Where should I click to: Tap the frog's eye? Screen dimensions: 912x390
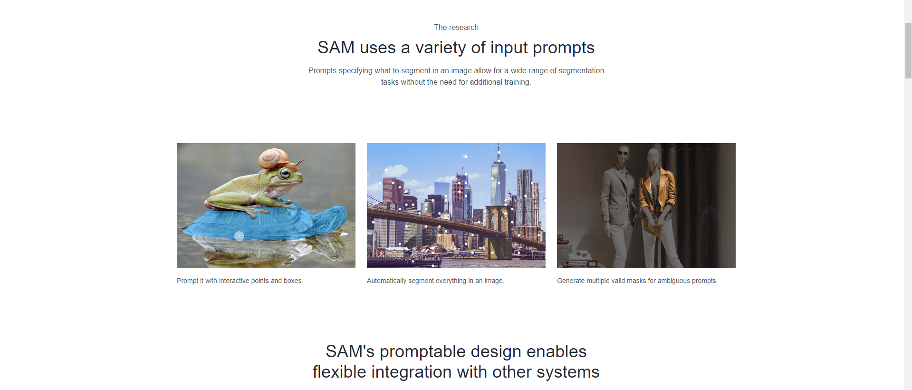click(x=285, y=174)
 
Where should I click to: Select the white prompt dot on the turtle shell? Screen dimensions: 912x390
click(x=239, y=235)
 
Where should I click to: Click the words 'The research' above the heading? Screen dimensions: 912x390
click(x=456, y=28)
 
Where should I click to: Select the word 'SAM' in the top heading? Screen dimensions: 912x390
click(x=336, y=48)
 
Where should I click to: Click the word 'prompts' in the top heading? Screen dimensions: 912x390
click(x=564, y=48)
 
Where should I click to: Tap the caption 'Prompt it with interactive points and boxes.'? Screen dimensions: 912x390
click(x=240, y=281)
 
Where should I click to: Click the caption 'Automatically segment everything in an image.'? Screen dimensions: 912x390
click(x=435, y=281)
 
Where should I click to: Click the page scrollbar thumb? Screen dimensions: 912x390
click(x=908, y=50)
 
